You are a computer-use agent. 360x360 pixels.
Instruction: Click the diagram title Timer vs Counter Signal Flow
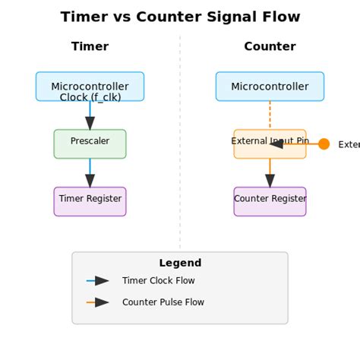[x=180, y=17]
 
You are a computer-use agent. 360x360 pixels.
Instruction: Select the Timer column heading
[x=90, y=47]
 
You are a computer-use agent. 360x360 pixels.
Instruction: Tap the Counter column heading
[x=270, y=47]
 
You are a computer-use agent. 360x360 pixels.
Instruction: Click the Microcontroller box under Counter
[x=270, y=87]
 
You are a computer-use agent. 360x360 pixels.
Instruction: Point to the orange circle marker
[x=324, y=144]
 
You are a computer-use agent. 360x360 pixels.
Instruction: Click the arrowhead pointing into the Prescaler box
[x=90, y=123]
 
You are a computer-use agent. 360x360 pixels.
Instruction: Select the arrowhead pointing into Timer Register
[x=90, y=181]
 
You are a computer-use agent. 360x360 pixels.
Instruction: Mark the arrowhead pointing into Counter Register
[x=270, y=181]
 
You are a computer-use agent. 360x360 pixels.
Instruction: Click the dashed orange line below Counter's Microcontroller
[x=270, y=115]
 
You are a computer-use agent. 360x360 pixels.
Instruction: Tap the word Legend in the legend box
[x=180, y=264]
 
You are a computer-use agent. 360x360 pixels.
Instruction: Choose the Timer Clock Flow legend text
[x=158, y=281]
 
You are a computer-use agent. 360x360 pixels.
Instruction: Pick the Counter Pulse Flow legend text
[x=163, y=302]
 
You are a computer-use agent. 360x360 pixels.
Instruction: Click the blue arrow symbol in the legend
[x=99, y=281]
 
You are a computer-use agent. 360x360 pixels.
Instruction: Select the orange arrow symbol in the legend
[x=99, y=302]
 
